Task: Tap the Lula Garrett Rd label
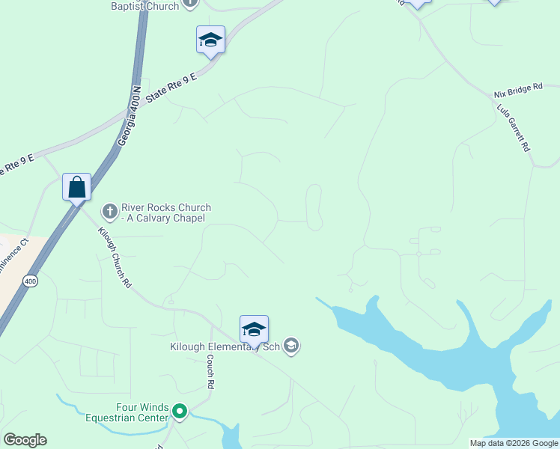pos(514,128)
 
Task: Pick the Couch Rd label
pos(211,370)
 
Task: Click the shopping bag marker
pos(77,186)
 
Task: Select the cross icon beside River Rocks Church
pos(109,212)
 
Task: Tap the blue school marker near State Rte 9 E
pos(210,39)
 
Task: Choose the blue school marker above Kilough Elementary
pos(254,329)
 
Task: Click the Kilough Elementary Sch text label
pos(224,346)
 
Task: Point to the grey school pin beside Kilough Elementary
pos(291,346)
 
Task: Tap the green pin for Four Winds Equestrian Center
pos(179,411)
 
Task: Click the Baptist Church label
pos(145,6)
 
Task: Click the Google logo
pos(25,440)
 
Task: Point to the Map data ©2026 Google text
pos(514,443)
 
